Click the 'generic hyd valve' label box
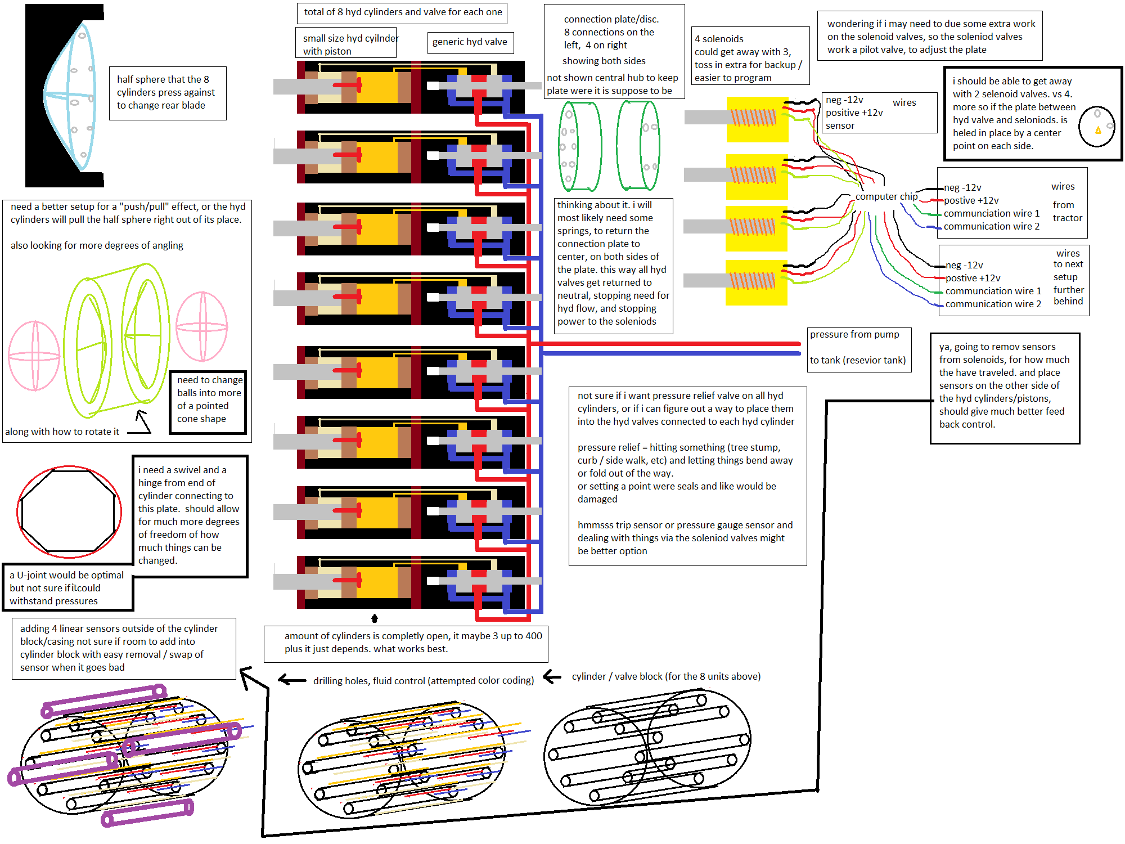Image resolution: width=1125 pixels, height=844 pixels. tap(470, 42)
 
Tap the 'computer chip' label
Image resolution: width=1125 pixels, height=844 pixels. tap(886, 196)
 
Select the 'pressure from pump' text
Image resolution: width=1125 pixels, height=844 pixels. tap(854, 335)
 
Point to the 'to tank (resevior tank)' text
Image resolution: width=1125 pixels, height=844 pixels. tap(857, 361)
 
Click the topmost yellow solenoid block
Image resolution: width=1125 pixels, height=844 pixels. tap(757, 119)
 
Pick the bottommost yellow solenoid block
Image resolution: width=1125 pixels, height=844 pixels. tap(755, 282)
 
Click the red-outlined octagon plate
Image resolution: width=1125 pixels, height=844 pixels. tap(69, 511)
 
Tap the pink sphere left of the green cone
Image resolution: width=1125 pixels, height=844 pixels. tap(34, 356)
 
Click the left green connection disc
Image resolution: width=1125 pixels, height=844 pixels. tap(579, 147)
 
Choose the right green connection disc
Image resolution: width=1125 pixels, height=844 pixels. tap(638, 146)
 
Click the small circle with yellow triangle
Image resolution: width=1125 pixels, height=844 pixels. tap(1096, 127)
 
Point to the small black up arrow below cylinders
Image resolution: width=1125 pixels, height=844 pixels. tap(375, 618)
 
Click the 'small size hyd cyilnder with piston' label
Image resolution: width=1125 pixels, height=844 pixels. tap(346, 44)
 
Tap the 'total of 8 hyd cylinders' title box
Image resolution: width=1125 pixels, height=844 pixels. tap(402, 12)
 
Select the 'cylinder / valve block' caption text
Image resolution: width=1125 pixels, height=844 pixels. tap(666, 676)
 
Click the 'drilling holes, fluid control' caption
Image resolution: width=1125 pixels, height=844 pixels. tap(423, 681)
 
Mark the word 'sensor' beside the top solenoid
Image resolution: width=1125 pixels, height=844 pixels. tap(840, 126)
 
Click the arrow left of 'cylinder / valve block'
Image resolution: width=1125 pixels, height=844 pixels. tap(552, 677)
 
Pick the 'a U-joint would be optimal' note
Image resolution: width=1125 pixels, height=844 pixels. tap(66, 588)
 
